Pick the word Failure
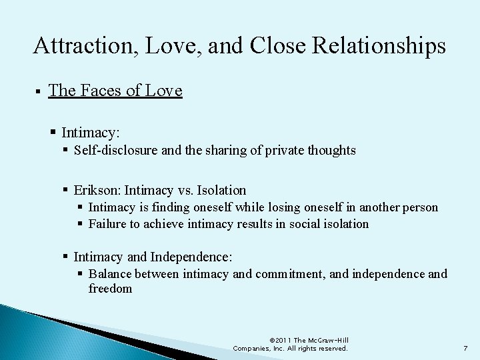point(108,224)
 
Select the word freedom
point(110,289)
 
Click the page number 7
point(465,349)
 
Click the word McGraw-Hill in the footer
point(327,340)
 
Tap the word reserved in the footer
point(331,349)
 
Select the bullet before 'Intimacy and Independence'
point(65,257)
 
